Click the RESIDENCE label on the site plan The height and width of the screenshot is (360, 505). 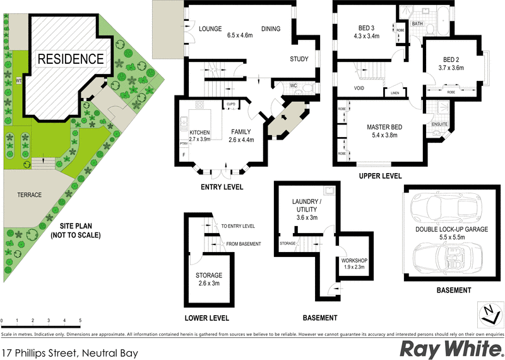point(70,59)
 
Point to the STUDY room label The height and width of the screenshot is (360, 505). point(299,59)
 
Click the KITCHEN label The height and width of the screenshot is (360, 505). point(200,132)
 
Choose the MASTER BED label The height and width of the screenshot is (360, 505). point(385,127)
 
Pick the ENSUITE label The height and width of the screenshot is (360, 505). point(439,124)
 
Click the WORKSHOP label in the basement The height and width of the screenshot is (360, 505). point(354,261)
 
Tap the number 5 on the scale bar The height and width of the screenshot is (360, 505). point(80,321)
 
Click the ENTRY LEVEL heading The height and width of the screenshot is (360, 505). point(222,188)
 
